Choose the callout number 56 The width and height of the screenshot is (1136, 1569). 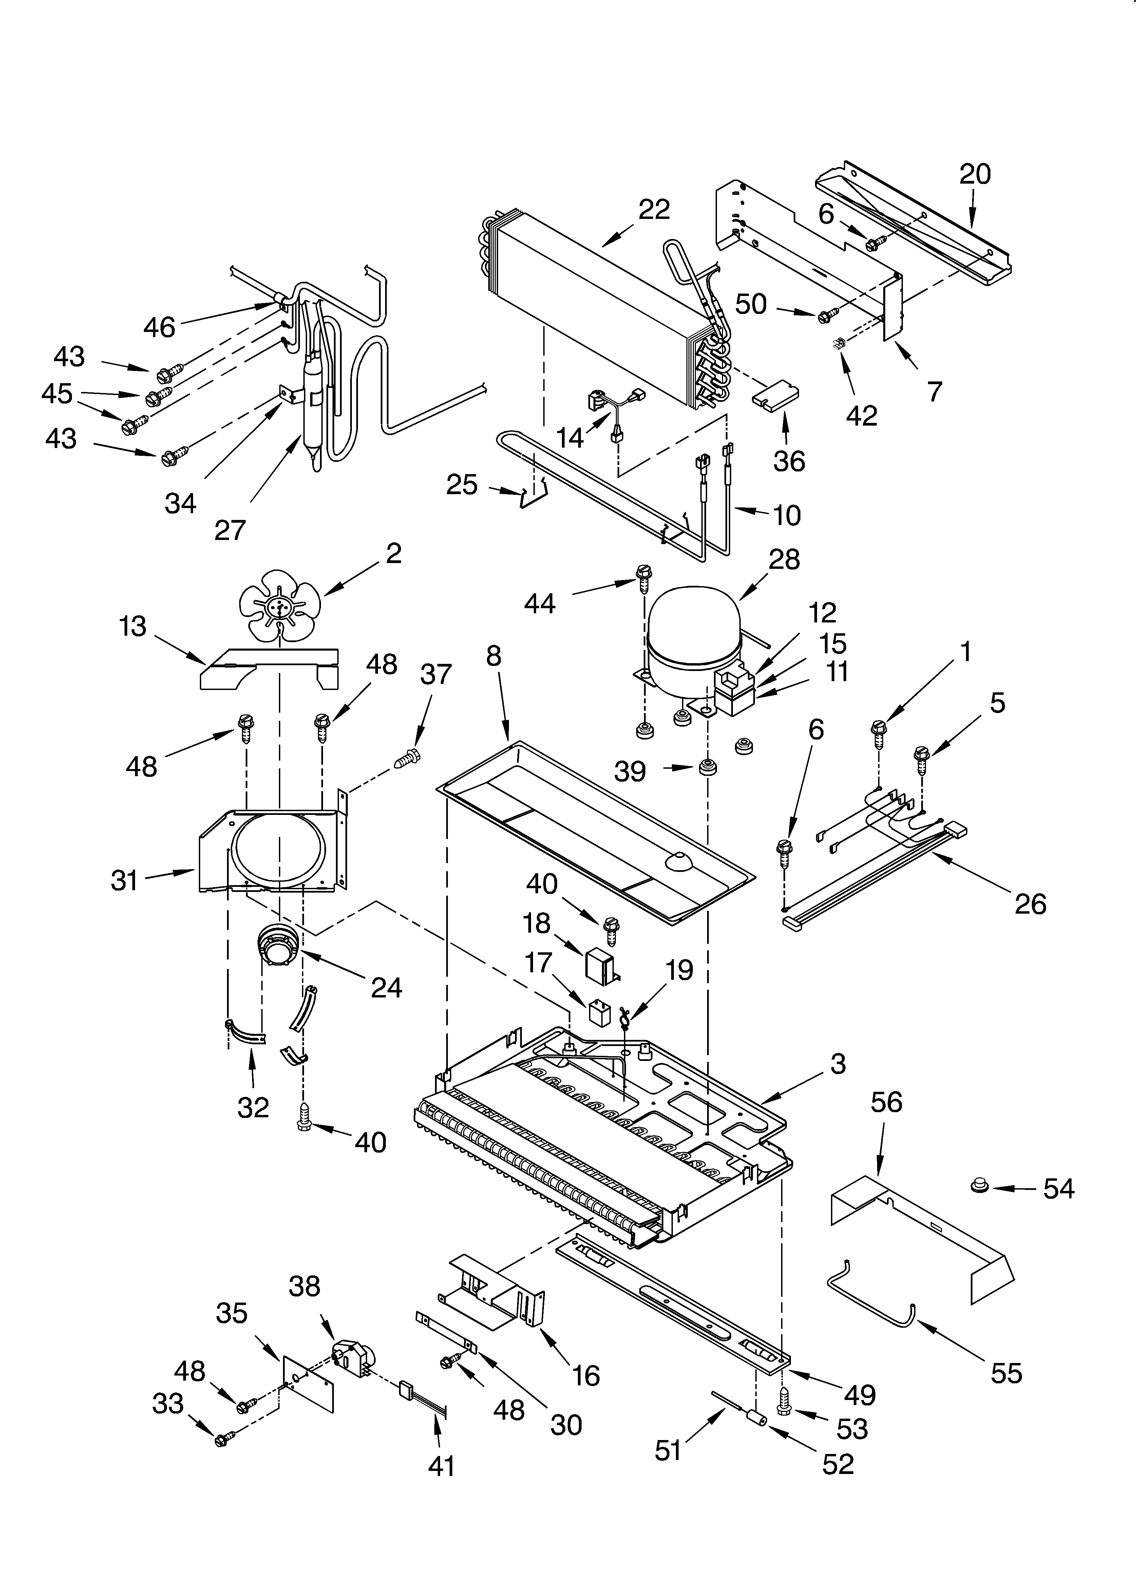(886, 1102)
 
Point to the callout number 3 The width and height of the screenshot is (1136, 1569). (838, 1063)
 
